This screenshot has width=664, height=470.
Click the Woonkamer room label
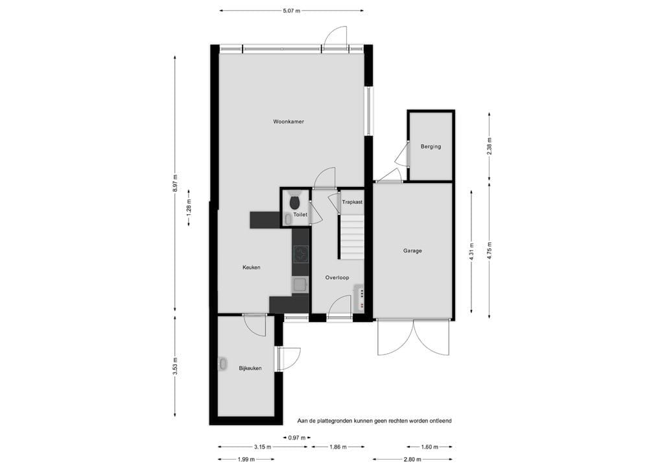[289, 121]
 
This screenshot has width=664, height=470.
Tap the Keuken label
[252, 267]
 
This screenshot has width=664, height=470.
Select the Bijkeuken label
[250, 368]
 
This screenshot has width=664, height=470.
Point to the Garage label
[412, 251]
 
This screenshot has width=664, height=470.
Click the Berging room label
[431, 147]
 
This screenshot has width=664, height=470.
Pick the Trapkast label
[352, 202]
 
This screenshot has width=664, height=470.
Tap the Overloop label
[337, 278]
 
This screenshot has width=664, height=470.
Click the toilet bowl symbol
[295, 201]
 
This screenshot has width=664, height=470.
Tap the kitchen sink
[300, 283]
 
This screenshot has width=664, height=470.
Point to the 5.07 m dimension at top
[291, 10]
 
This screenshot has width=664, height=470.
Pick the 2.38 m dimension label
[489, 145]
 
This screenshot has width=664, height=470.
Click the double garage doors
[413, 339]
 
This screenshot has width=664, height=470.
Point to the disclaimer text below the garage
[374, 421]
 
